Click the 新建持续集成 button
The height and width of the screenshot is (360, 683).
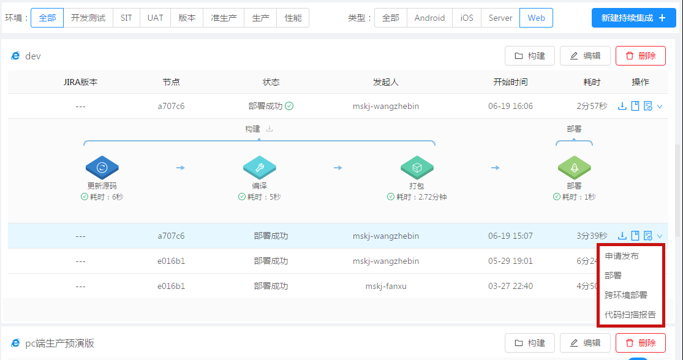(633, 18)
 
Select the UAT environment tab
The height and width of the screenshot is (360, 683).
(155, 18)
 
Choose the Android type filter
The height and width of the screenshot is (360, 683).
(429, 18)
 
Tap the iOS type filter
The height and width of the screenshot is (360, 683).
(467, 18)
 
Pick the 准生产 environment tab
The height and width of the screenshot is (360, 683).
(224, 18)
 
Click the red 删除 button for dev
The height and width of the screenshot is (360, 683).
(640, 56)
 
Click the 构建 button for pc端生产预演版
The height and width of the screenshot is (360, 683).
(530, 343)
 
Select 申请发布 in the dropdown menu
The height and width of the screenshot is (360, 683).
(622, 256)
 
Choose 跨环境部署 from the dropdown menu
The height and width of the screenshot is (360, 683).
(626, 294)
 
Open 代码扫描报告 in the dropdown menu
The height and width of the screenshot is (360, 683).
(630, 314)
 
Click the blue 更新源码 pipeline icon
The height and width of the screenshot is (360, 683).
(102, 168)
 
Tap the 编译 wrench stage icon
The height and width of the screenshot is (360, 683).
(259, 168)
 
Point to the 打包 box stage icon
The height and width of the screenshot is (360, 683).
(417, 168)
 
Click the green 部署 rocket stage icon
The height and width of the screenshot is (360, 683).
(574, 168)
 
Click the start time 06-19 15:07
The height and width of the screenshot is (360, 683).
(510, 236)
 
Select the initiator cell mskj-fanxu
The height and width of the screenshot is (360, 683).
(386, 286)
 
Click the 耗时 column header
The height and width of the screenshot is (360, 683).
(592, 82)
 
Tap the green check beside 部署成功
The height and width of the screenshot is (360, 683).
(289, 106)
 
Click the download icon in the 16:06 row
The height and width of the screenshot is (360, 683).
(622, 106)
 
